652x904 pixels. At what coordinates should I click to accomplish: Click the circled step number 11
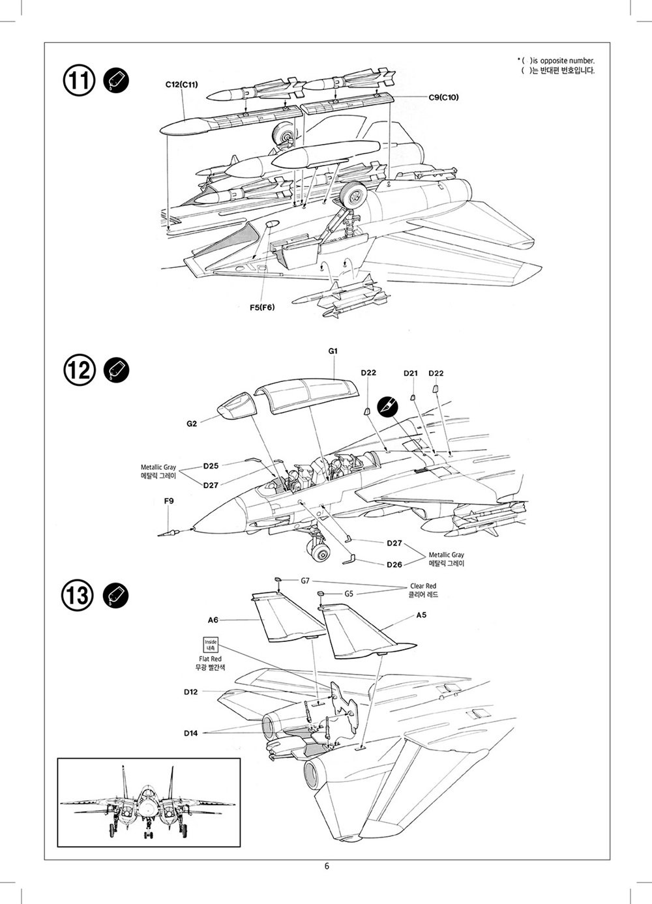click(x=79, y=81)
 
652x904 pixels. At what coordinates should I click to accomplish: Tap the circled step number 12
click(x=79, y=370)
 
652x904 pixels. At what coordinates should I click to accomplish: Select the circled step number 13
click(x=78, y=595)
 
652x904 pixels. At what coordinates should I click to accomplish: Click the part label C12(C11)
click(x=182, y=85)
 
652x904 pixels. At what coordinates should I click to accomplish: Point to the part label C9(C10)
click(x=443, y=97)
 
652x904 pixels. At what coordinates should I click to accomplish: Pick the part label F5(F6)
click(x=262, y=307)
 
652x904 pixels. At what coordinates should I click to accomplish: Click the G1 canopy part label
click(x=333, y=351)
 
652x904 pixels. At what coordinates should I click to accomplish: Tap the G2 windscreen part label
click(x=192, y=424)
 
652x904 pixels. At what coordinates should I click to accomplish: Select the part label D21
click(x=411, y=373)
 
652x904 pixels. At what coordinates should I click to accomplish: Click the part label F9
click(x=169, y=501)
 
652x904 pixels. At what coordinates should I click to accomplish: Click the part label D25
click(x=211, y=466)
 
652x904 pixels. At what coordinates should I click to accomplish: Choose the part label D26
click(x=394, y=564)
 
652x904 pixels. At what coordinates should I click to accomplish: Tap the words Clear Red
click(x=423, y=585)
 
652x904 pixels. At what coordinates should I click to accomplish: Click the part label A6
click(x=213, y=620)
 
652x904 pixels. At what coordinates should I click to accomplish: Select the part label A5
click(x=421, y=615)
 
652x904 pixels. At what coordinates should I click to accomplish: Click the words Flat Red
click(x=210, y=659)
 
